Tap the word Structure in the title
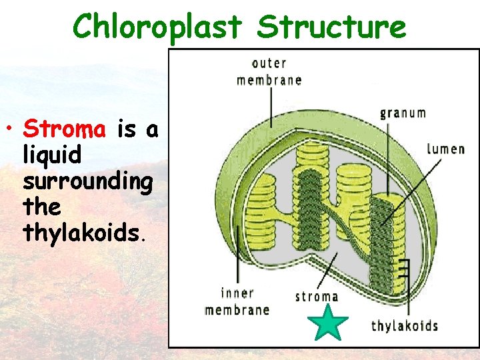pyautogui.click(x=331, y=27)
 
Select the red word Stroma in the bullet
pyautogui.click(x=64, y=128)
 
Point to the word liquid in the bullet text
pyautogui.click(x=52, y=155)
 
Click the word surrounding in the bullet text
pyautogui.click(x=87, y=181)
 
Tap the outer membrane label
pyautogui.click(x=269, y=72)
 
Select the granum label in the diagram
pyautogui.click(x=403, y=112)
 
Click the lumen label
pyautogui.click(x=445, y=148)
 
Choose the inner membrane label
pyautogui.click(x=237, y=301)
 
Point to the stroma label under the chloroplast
pyautogui.click(x=317, y=297)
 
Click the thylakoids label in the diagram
pyautogui.click(x=404, y=326)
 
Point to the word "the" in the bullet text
pyautogui.click(x=41, y=207)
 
